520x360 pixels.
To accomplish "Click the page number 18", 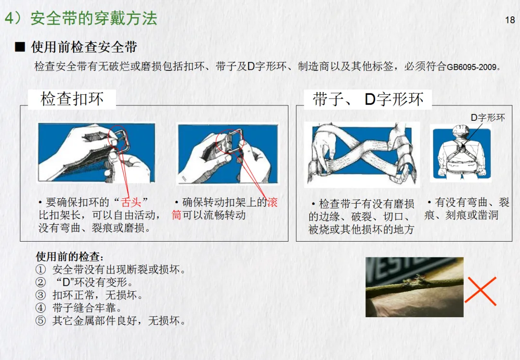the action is click(510, 20).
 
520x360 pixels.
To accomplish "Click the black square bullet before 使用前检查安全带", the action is click(20, 47).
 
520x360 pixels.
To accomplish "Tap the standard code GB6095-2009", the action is click(471, 67).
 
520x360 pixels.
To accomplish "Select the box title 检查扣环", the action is click(72, 99).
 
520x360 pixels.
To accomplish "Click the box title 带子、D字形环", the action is click(368, 99).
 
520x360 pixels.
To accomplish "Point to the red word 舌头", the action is click(130, 202).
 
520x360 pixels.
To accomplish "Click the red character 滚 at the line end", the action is click(272, 202).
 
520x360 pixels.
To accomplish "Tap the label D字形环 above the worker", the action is click(488, 118).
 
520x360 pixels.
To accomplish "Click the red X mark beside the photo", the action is click(480, 291).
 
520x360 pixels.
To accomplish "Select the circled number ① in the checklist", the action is click(40, 270).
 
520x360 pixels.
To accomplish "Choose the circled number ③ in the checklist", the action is click(40, 295).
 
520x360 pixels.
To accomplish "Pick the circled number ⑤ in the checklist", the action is click(40, 321).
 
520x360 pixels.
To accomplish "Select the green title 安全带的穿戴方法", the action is click(94, 18).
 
